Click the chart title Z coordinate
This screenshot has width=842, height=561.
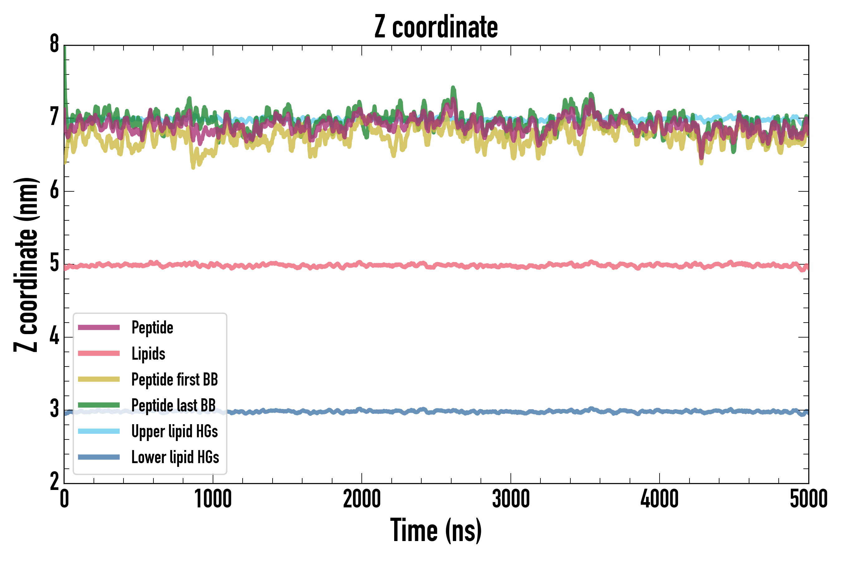[436, 27]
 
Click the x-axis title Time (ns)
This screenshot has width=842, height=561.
[436, 530]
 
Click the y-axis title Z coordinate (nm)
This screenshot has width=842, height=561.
[26, 264]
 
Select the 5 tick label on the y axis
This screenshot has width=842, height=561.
[54, 264]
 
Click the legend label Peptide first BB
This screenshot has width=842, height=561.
[175, 380]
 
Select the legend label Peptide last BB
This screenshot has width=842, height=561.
[174, 405]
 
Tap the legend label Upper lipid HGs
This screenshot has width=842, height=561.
[175, 431]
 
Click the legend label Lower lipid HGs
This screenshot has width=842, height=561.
[175, 457]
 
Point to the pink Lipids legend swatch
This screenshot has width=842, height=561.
[99, 353]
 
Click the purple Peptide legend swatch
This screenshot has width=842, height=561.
[99, 327]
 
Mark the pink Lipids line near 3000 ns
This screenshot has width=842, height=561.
[511, 266]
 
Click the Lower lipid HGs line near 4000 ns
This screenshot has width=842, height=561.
[660, 411]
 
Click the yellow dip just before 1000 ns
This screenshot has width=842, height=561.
[193, 166]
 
